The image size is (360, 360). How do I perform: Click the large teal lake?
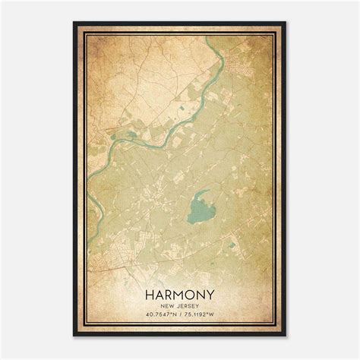point(201,205)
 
